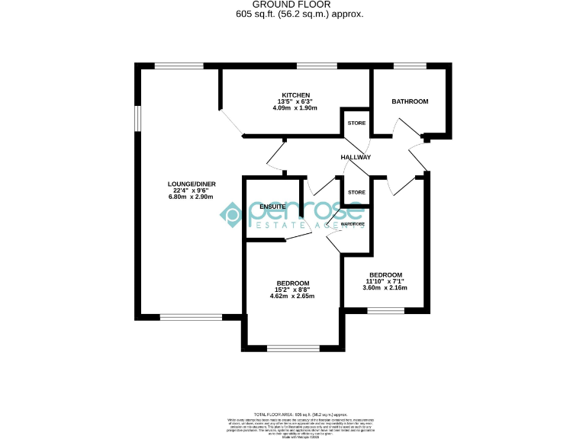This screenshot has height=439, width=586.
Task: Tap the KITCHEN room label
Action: point(294,95)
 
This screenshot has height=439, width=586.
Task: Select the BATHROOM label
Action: point(410,101)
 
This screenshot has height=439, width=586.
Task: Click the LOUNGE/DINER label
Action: point(192,184)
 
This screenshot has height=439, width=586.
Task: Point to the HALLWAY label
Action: point(356,157)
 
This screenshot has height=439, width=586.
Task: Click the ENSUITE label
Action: point(272,207)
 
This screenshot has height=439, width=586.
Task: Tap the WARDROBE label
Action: point(353,224)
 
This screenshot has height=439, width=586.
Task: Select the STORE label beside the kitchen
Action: point(356,123)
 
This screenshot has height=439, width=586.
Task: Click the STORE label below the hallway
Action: point(356,193)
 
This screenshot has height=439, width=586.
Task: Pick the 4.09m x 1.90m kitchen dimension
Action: point(294,108)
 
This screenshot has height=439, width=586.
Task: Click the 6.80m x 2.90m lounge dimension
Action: point(192,197)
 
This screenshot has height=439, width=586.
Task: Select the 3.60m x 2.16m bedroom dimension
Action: point(385,287)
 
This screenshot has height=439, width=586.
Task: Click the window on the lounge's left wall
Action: point(138,118)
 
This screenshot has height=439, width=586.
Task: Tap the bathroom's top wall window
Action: point(410,66)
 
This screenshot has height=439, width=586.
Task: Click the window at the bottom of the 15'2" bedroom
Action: point(292,349)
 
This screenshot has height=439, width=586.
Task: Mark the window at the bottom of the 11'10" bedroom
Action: point(385,310)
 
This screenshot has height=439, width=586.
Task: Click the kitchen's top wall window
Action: point(317,66)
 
